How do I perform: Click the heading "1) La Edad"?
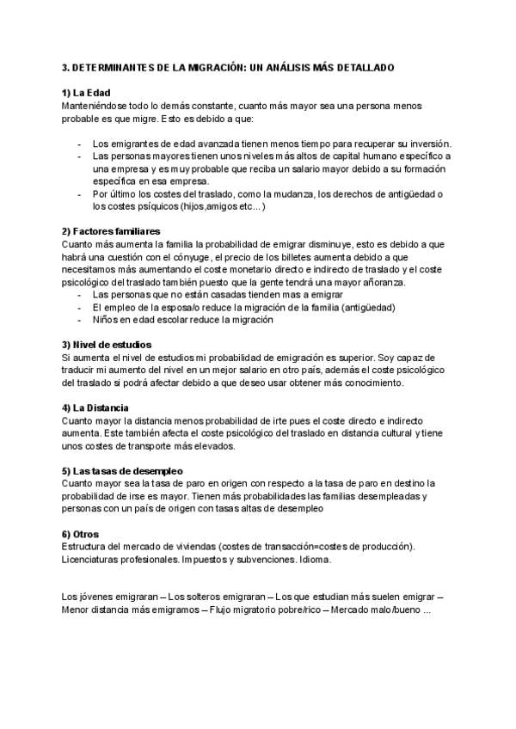[x=86, y=93]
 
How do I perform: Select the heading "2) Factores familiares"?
[x=111, y=231]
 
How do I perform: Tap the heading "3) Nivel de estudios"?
[x=106, y=345]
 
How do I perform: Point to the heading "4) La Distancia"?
[x=96, y=407]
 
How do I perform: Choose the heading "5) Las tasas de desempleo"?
[x=121, y=471]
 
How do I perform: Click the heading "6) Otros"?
[x=81, y=534]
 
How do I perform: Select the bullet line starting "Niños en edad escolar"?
[x=182, y=320]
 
